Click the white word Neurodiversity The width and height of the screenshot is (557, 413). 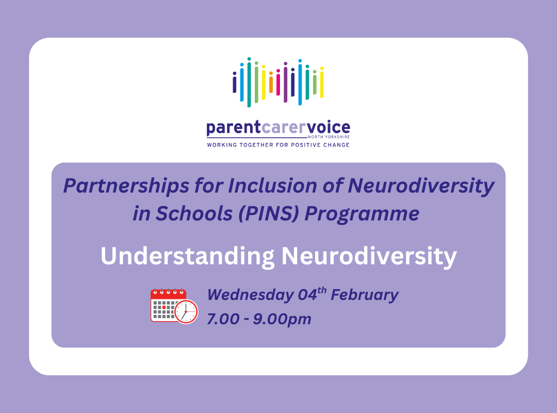point(368,256)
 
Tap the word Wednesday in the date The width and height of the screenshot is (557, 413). point(250,295)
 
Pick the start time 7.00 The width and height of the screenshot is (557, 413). point(223,319)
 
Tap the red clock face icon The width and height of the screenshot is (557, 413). point(186,312)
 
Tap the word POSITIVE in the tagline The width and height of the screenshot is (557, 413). point(303,145)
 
